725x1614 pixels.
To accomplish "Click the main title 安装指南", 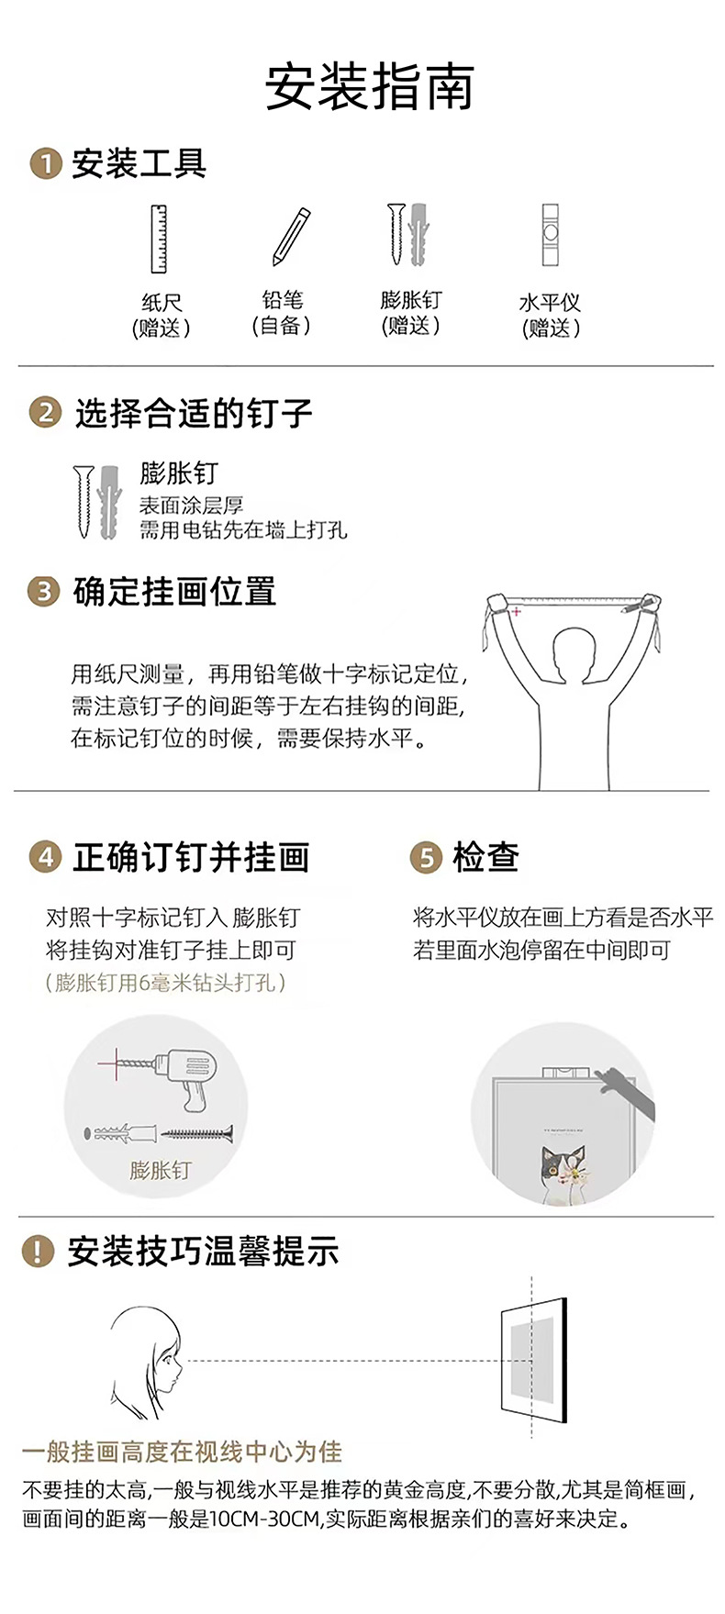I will click(369, 88).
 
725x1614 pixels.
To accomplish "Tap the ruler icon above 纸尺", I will click(160, 239).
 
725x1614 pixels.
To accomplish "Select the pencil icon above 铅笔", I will click(291, 237).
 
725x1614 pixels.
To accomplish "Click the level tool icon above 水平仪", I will click(550, 235).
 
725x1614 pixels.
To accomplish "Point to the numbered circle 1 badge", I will click(45, 164).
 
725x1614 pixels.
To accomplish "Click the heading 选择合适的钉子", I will click(194, 414).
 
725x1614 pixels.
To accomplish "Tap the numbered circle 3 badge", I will click(43, 592).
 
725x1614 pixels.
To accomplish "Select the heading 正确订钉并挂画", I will click(191, 857).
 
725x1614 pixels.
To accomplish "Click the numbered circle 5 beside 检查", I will click(426, 858).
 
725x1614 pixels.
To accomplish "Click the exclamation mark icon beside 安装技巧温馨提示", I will click(38, 1252).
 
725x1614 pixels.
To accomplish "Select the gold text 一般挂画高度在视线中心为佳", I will click(182, 1452).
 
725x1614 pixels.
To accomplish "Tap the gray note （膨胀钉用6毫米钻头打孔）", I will click(166, 983).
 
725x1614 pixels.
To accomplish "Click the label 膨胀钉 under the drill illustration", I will click(160, 1170).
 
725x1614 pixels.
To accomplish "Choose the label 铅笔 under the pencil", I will click(282, 300).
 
